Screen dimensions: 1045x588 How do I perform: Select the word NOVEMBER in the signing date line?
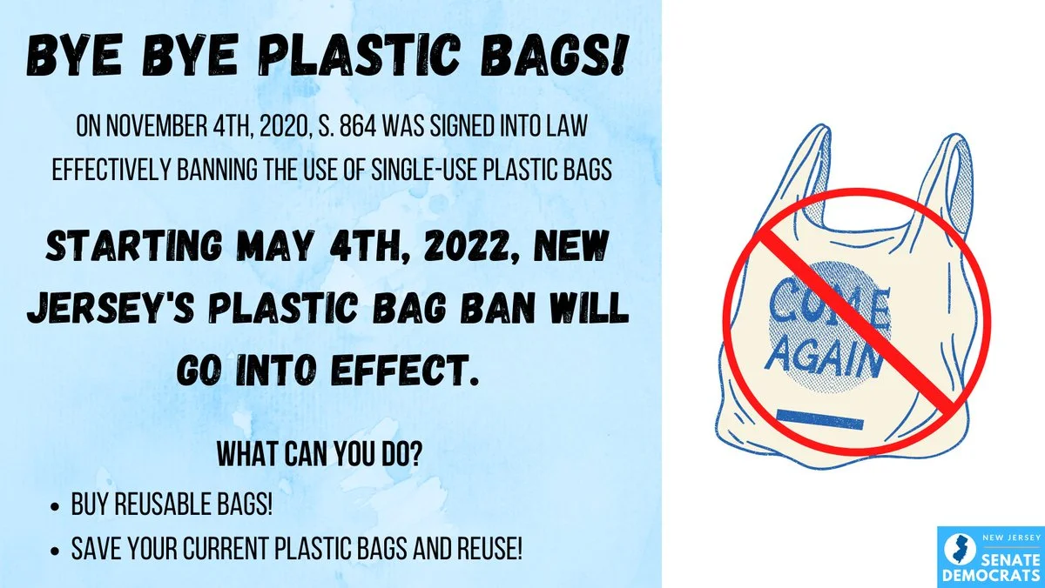click(157, 126)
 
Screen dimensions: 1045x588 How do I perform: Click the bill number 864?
click(358, 126)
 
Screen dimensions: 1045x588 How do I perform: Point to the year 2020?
click(286, 126)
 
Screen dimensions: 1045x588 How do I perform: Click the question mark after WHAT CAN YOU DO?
click(415, 453)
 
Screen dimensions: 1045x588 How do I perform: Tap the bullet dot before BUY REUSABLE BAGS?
click(56, 506)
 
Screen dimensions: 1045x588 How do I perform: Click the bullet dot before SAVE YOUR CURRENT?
click(56, 551)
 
